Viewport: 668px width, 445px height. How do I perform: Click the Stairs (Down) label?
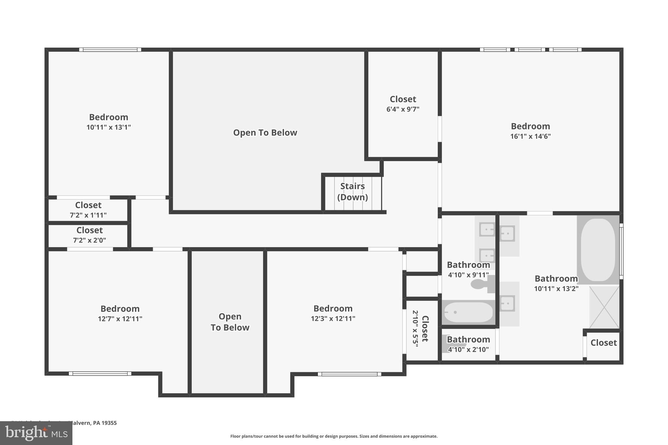click(352, 192)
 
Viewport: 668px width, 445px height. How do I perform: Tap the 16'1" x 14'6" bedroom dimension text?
click(530, 137)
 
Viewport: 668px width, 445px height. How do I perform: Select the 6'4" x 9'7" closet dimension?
click(403, 110)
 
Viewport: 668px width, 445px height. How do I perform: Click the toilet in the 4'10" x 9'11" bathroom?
click(481, 284)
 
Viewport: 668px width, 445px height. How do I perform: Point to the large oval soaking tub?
click(598, 250)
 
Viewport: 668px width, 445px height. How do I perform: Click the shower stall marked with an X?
click(604, 307)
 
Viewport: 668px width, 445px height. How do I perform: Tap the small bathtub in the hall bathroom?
click(468, 312)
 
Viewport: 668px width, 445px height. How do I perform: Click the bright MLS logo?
click(36, 433)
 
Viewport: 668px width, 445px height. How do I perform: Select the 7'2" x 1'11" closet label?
click(88, 210)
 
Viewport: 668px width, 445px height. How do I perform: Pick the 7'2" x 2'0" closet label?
click(89, 235)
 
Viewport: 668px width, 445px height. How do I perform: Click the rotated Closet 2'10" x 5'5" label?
click(420, 329)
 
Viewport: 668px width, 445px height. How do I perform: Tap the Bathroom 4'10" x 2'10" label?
click(468, 344)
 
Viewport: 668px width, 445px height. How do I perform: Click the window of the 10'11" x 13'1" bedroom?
click(110, 50)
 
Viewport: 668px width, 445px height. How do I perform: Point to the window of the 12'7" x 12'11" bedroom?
click(100, 374)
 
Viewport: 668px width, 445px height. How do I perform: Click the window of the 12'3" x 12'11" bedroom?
click(349, 374)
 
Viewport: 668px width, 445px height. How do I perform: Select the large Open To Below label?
click(265, 133)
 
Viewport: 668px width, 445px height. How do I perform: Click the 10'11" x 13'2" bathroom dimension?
click(556, 289)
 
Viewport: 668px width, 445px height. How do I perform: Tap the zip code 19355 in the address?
click(109, 423)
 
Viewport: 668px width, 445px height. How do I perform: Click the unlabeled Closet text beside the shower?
click(603, 343)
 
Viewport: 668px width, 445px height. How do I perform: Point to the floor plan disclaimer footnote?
click(334, 436)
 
